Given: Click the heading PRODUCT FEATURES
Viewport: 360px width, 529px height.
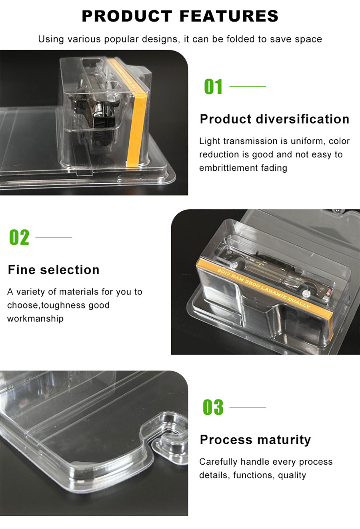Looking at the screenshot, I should (x=180, y=16).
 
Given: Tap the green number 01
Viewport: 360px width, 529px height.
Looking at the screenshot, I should (x=213, y=87).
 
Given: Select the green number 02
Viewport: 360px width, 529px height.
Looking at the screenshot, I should (x=19, y=237).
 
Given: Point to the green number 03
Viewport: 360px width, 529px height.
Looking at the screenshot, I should (x=213, y=407).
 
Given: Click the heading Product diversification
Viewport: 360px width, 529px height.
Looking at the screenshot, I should (x=274, y=119).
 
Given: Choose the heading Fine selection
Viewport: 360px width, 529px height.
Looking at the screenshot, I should (x=54, y=270).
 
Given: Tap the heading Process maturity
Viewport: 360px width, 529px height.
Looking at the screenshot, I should (x=255, y=440).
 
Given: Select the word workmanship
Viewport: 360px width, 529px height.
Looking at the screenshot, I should (x=35, y=319).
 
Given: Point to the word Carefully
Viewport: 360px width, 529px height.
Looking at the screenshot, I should (x=218, y=462).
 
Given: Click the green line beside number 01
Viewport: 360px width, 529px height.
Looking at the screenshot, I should (x=248, y=86).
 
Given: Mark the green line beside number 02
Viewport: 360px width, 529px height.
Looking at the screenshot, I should (x=54, y=237).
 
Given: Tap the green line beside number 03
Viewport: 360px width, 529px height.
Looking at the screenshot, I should (x=248, y=407).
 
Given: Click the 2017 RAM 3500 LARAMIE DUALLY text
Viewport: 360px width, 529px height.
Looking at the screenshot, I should (x=264, y=288).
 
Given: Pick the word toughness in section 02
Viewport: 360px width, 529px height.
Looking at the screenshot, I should (x=63, y=305).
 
